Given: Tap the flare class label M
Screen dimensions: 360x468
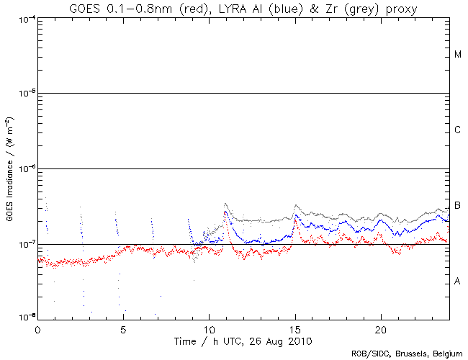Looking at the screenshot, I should click(x=457, y=55).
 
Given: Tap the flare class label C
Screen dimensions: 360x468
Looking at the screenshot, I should click(x=457, y=130).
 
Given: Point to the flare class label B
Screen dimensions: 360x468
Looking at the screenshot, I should click(x=457, y=206).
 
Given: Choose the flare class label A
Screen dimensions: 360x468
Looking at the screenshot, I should click(x=457, y=282).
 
